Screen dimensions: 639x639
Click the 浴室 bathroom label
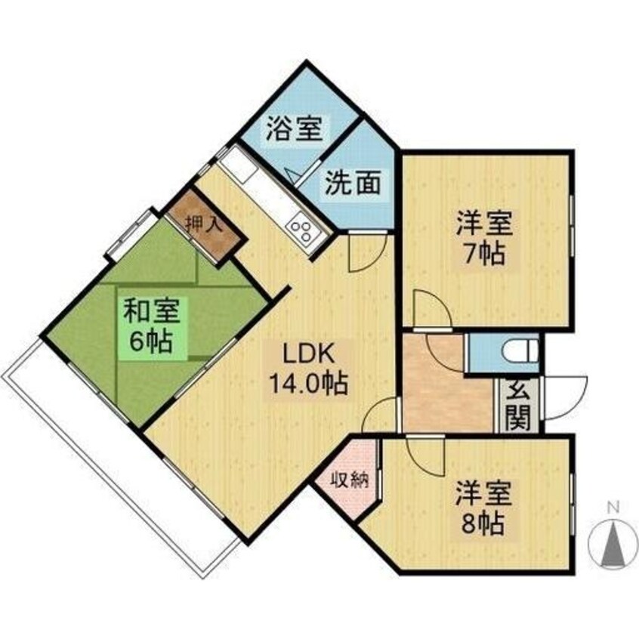coord(293,129)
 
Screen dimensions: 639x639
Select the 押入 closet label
coord(204,224)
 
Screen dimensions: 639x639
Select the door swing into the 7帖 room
coord(431,310)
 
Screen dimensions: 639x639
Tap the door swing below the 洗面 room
coord(367,253)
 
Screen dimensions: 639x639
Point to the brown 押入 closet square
coord(204,224)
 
